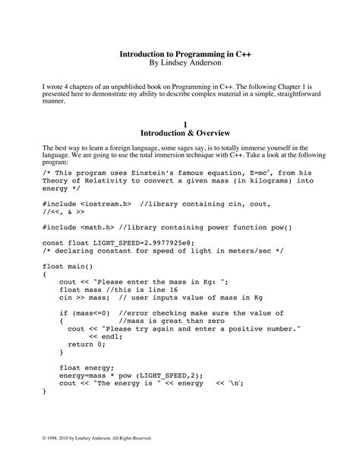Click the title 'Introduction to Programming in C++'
pos(180,55)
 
